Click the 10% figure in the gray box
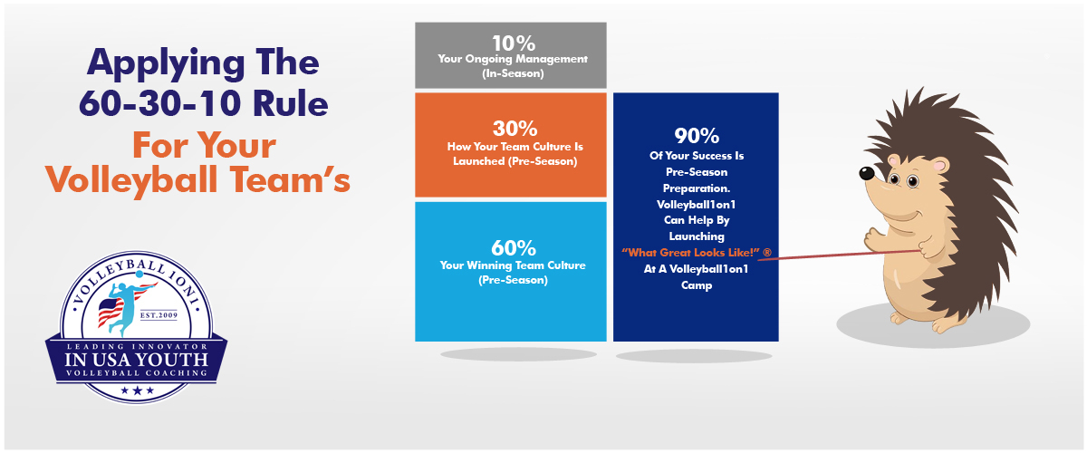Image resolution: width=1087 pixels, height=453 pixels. coord(514,43)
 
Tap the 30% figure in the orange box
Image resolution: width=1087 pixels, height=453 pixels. coord(515,129)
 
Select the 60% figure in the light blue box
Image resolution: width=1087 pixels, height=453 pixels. coord(514,248)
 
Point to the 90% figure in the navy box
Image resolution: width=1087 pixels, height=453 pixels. coord(697,136)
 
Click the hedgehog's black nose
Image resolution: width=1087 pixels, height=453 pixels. coord(866,173)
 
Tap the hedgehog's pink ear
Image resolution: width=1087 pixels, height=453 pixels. coord(939,166)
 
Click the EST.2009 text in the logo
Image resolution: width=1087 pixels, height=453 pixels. coord(159,315)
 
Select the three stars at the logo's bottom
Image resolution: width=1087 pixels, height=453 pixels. coord(138,390)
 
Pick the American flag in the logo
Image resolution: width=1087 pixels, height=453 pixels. coord(111,312)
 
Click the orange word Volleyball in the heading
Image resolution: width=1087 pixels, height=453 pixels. coord(131,179)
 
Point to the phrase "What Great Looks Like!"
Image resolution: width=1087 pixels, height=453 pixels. coord(690,253)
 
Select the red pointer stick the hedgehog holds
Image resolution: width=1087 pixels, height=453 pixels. coord(839,255)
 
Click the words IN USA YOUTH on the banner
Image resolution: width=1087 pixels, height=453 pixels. coord(137,360)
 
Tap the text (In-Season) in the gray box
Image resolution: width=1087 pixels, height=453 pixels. coord(513,73)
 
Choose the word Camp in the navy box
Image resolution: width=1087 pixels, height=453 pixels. coord(697,285)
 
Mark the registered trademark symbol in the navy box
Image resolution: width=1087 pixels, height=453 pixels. coord(766,252)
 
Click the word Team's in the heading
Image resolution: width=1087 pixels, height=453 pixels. coord(290,179)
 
